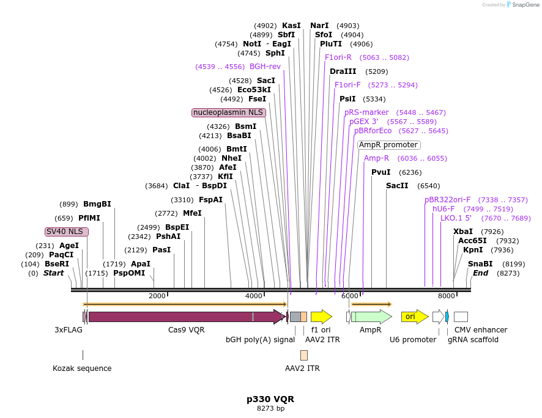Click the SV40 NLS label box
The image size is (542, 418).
point(67,232)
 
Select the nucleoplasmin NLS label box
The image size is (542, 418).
point(229,112)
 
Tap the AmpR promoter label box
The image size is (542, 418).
point(388,145)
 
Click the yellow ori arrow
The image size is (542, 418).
point(414,317)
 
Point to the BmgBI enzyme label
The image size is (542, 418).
point(97,204)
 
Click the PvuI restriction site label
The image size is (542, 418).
point(381,172)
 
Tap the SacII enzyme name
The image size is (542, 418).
point(397,186)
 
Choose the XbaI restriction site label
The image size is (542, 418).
point(463,232)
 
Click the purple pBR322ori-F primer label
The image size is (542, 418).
point(448,200)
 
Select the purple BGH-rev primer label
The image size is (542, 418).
point(265,67)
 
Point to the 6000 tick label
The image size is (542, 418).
point(349,296)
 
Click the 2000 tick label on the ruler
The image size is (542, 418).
point(157,296)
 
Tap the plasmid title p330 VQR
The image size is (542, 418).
point(270,399)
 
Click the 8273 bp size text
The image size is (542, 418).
point(270,408)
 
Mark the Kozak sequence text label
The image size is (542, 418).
point(82,369)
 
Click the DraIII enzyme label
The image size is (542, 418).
point(343,71)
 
